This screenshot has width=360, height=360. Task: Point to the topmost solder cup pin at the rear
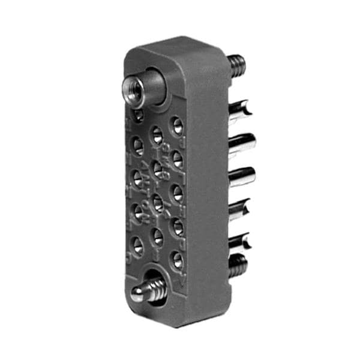click(240, 109)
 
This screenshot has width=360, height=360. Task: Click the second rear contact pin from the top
click(242, 143)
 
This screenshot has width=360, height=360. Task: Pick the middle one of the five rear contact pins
click(242, 176)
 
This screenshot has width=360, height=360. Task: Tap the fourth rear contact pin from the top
click(240, 209)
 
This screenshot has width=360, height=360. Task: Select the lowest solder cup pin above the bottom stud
click(240, 242)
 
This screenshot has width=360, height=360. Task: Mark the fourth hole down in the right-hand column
click(177, 226)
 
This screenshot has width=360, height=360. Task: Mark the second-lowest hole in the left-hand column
click(137, 211)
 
